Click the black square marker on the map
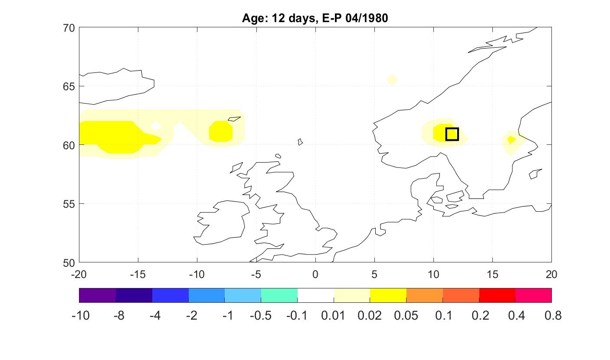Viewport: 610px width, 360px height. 452,134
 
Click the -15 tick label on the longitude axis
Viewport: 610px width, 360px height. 138,274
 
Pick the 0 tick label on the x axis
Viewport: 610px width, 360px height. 315,274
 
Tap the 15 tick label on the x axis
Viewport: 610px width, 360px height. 492,274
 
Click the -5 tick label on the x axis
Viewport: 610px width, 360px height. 256,274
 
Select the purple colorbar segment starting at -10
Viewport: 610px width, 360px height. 98,295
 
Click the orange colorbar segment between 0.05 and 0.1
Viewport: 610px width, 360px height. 424,295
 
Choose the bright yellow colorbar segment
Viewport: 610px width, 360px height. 388,295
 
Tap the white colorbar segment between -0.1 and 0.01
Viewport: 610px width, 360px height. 315,295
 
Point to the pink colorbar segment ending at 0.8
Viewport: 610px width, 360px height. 533,295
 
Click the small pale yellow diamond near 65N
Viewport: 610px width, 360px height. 392,80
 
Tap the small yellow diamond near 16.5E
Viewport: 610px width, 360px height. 511,140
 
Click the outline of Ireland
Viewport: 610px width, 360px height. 221,221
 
